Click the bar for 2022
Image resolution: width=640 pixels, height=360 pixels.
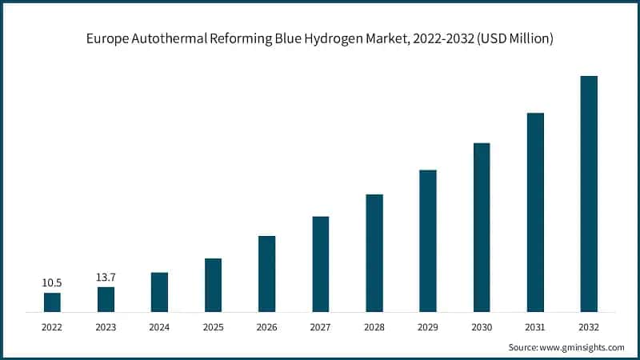[x=52, y=302]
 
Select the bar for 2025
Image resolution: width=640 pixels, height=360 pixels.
[x=213, y=285]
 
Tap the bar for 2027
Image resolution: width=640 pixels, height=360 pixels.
[x=321, y=264]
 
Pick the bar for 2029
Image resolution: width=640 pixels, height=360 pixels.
[x=428, y=241]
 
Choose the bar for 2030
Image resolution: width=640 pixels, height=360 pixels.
[x=482, y=227]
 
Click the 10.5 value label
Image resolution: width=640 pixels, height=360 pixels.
[x=52, y=282]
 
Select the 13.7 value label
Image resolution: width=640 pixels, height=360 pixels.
[x=106, y=277]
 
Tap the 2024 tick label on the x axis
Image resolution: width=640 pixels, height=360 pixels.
[x=159, y=327]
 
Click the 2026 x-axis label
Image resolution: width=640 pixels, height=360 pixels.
[x=266, y=327]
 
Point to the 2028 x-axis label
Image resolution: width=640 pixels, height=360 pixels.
[x=374, y=327]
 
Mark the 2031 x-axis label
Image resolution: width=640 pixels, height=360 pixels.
[x=535, y=327]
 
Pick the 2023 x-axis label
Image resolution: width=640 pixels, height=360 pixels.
[x=106, y=327]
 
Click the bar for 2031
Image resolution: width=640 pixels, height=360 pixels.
[x=535, y=212]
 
